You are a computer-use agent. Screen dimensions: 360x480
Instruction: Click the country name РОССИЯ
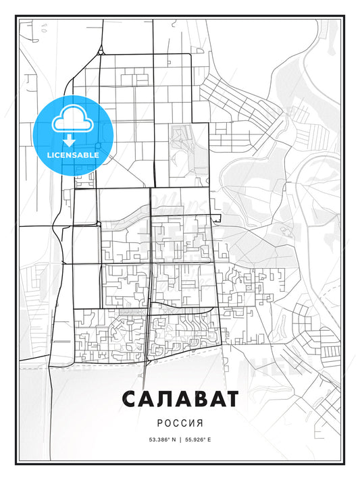click(x=180, y=425)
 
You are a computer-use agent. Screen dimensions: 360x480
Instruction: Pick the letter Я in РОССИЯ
click(x=200, y=425)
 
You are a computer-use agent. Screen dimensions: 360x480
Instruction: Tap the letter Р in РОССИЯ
click(x=160, y=425)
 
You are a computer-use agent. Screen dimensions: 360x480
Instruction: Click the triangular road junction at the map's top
click(x=100, y=51)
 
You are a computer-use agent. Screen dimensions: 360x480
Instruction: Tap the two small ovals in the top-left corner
click(x=42, y=28)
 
